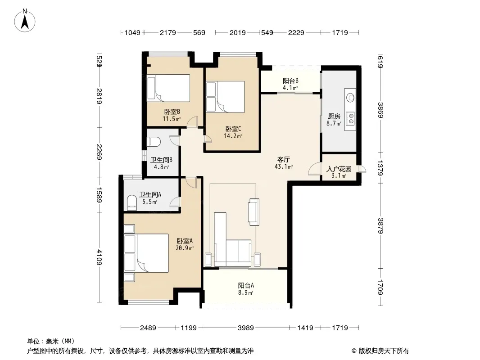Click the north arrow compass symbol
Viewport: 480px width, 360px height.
click(25, 20)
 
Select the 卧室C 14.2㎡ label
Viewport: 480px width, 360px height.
click(233, 132)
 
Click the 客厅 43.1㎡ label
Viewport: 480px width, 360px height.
click(284, 163)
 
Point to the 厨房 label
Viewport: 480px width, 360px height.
click(334, 116)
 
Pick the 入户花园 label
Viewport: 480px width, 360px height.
click(339, 169)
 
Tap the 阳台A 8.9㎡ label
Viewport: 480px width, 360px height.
click(246, 289)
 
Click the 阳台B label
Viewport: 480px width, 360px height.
click(290, 81)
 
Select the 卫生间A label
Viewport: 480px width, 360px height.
click(150, 194)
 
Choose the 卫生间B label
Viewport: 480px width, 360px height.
click(161, 160)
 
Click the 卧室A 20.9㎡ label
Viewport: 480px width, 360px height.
click(185, 244)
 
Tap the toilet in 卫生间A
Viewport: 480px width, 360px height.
click(132, 202)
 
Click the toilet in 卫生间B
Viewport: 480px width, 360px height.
click(154, 142)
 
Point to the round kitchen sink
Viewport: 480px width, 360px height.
click(350, 98)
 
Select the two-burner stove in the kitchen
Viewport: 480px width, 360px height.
click(350, 119)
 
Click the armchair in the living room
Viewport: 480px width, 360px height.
click(254, 212)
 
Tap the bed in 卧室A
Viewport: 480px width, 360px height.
click(146, 253)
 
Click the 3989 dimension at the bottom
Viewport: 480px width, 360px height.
click(245, 328)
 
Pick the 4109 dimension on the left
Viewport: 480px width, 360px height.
click(99, 257)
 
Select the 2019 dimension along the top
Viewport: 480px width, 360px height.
click(238, 32)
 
